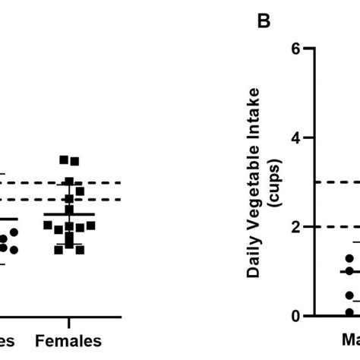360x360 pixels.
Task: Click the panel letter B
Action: pos(264,21)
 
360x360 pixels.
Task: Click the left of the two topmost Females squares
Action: pos(64,159)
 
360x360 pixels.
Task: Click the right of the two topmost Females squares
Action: pos(74,160)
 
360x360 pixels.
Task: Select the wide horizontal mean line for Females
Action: pos(69,214)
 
